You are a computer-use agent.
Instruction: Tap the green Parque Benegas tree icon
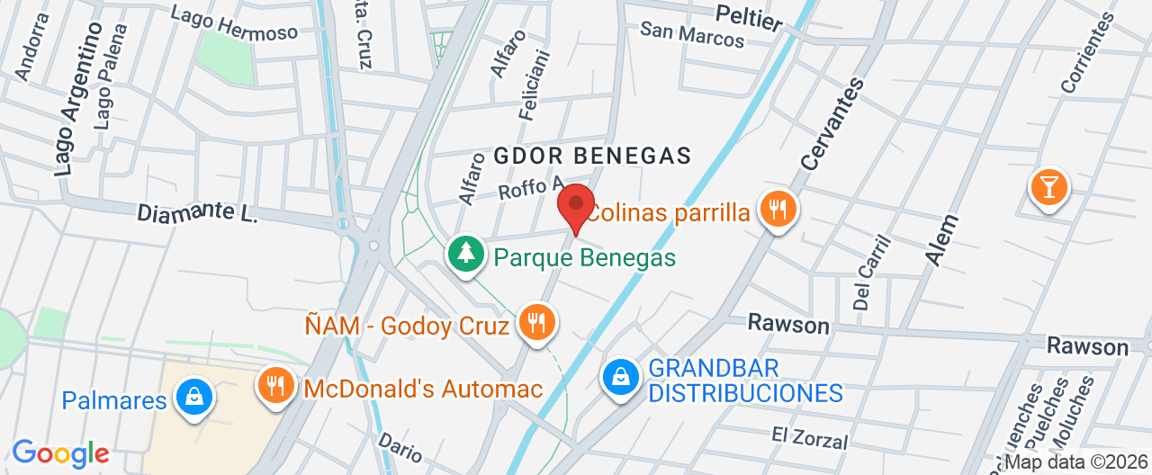(x=465, y=253)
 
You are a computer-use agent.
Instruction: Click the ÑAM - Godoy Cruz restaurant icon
(x=537, y=322)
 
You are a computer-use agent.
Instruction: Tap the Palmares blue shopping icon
(x=193, y=396)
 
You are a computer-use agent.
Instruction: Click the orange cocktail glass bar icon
(x=1048, y=187)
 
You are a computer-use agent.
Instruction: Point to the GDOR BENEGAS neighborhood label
(x=592, y=156)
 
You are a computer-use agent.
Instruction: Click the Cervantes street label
(x=832, y=123)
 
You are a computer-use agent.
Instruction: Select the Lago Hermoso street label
(x=234, y=24)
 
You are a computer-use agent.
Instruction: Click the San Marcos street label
(x=692, y=34)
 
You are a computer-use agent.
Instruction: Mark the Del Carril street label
(x=871, y=273)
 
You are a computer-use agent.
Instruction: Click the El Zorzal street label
(x=809, y=437)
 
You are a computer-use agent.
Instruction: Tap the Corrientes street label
(x=1087, y=52)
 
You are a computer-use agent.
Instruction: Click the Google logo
(x=60, y=453)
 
